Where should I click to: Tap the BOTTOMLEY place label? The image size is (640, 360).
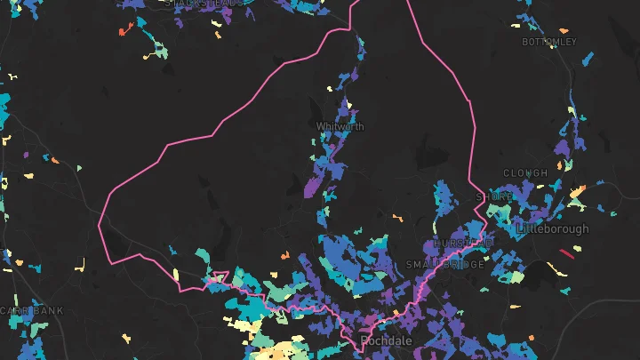[x=549, y=42]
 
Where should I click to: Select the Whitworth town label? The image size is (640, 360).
[x=340, y=127]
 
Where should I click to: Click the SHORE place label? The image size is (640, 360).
[x=494, y=196]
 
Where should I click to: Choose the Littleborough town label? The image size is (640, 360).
[x=552, y=228]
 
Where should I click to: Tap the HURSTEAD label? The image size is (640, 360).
[x=463, y=243]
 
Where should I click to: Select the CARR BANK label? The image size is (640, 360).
[x=32, y=310]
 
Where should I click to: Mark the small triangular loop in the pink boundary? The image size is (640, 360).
[x=220, y=276]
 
